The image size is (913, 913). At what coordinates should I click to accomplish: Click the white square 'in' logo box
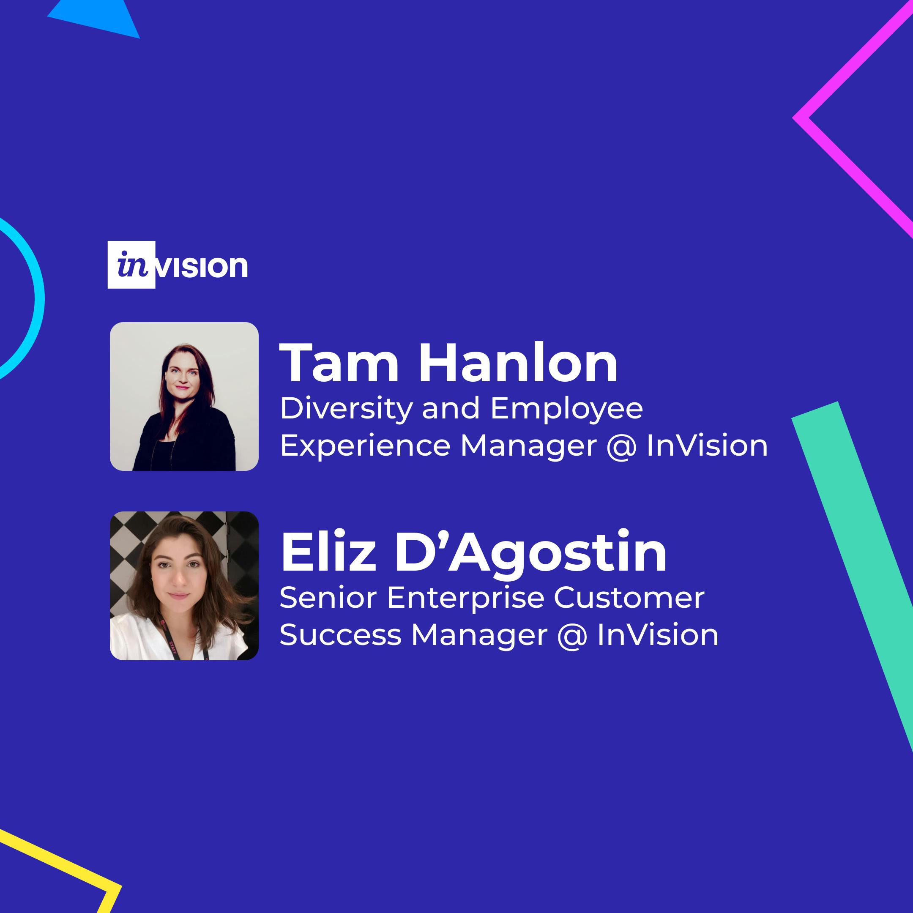point(131,265)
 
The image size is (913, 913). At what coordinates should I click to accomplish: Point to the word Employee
point(566,409)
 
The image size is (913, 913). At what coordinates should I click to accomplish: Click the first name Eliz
point(328,551)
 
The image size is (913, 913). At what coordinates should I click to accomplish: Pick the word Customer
point(629,598)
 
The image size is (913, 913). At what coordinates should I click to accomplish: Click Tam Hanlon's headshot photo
point(184,396)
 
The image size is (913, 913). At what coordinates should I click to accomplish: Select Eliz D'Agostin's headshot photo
point(184,585)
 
